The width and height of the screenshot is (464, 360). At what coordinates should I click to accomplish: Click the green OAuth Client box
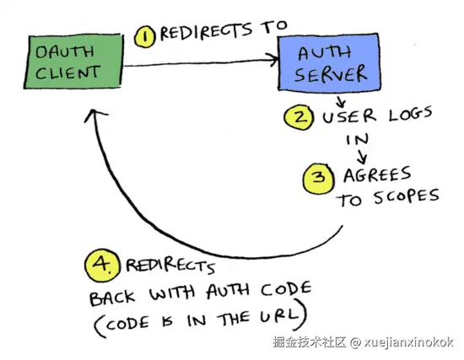tap(73, 62)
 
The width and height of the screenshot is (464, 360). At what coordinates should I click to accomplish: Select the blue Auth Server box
tap(328, 62)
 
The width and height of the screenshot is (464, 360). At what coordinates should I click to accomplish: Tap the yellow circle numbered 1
tap(145, 37)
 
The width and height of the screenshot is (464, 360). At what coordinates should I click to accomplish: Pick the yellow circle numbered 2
tap(299, 117)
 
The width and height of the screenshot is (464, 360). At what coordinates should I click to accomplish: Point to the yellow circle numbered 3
tap(318, 179)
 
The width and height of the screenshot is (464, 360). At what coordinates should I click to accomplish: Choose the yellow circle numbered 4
tap(103, 265)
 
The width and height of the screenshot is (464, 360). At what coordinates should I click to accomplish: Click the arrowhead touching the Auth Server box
tap(272, 59)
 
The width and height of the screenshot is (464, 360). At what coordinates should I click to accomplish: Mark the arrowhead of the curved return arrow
tap(94, 114)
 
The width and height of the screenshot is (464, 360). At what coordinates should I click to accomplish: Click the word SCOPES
tap(406, 196)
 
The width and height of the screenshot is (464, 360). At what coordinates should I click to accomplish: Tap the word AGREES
tap(377, 175)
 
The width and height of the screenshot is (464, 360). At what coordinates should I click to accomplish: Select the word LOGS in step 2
tap(410, 114)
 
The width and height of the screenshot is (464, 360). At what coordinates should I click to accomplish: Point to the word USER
tap(349, 116)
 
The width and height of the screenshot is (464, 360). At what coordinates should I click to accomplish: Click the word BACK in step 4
tap(112, 298)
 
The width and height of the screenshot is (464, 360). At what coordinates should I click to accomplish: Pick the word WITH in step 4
tap(172, 293)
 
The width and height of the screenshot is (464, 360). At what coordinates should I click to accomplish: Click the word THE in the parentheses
tap(233, 319)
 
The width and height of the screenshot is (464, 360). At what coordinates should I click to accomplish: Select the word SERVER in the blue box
tap(331, 74)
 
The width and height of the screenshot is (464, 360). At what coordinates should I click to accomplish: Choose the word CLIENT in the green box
tap(67, 73)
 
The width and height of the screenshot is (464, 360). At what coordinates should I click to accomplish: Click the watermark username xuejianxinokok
tap(408, 342)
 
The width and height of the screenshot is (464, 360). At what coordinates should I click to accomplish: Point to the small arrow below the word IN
tap(362, 157)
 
